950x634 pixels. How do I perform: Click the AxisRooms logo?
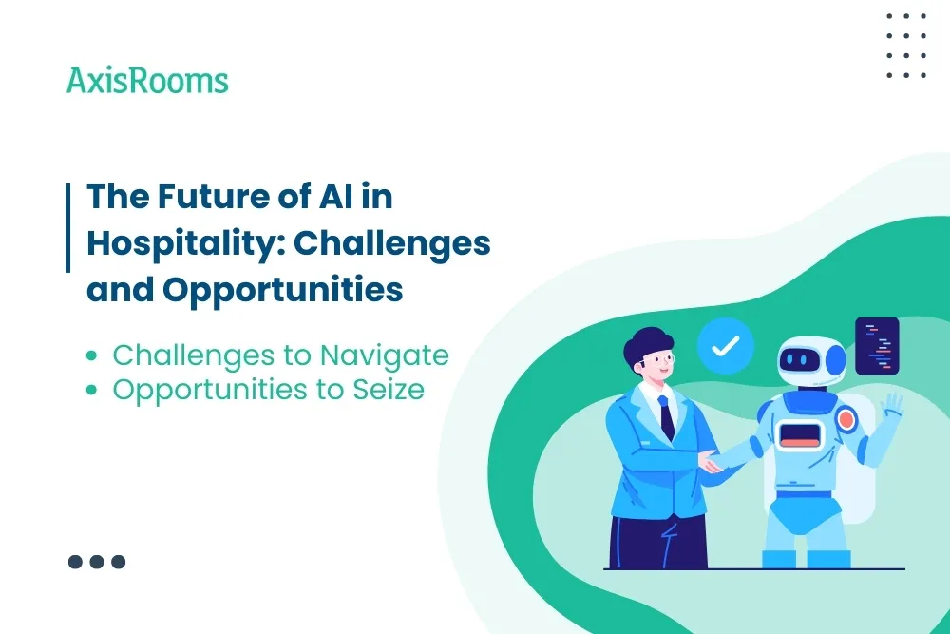click(x=147, y=80)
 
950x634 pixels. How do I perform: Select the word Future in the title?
click(x=199, y=197)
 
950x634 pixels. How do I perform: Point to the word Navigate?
click(x=384, y=355)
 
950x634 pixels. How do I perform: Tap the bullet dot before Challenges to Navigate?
click(x=91, y=356)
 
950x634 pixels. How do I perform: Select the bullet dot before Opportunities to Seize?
click(x=91, y=390)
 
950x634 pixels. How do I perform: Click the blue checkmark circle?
click(x=725, y=346)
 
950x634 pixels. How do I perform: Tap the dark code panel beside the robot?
click(x=877, y=346)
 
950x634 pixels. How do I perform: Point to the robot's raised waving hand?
click(x=891, y=406)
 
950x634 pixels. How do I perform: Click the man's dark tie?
click(x=667, y=417)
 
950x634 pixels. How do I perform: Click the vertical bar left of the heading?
click(x=68, y=228)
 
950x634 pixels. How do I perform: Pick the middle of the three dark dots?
click(x=97, y=562)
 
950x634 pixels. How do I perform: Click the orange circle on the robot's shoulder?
click(x=846, y=419)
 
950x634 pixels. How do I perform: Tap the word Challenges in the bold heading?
click(x=391, y=243)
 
